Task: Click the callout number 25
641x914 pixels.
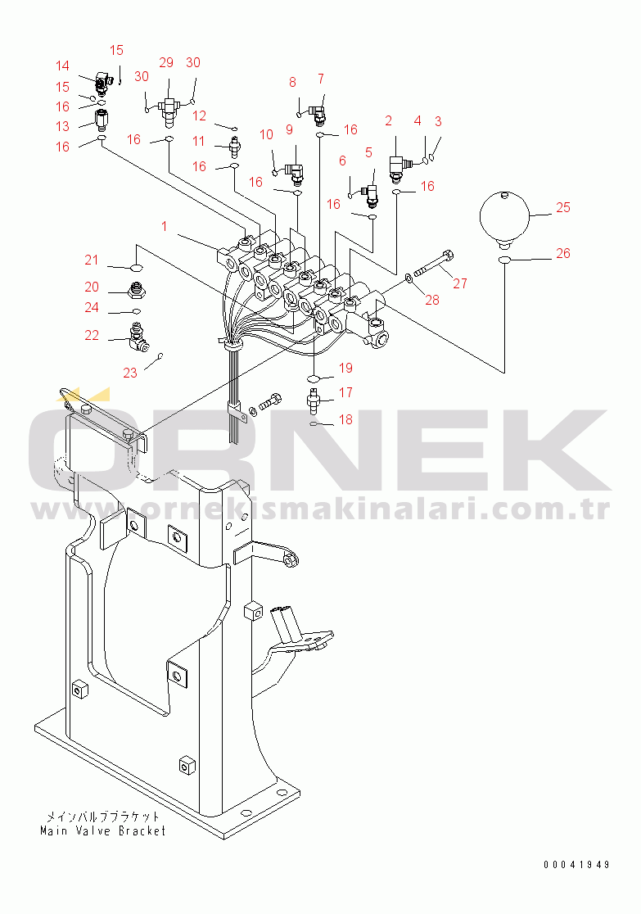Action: coord(563,208)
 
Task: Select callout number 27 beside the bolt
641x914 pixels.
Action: coord(460,283)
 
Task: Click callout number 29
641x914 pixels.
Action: coord(166,63)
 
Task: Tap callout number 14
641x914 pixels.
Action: coord(63,66)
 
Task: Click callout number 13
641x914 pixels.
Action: coord(63,126)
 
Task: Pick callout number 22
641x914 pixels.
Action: coord(92,335)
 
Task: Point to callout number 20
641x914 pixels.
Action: coord(92,287)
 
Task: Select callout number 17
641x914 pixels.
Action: coord(345,392)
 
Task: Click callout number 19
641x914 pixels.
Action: coord(345,368)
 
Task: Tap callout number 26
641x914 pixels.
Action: coord(563,254)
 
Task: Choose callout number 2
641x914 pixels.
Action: coord(389,121)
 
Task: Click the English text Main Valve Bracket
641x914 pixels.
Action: coord(103,830)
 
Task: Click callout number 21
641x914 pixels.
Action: coord(92,260)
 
